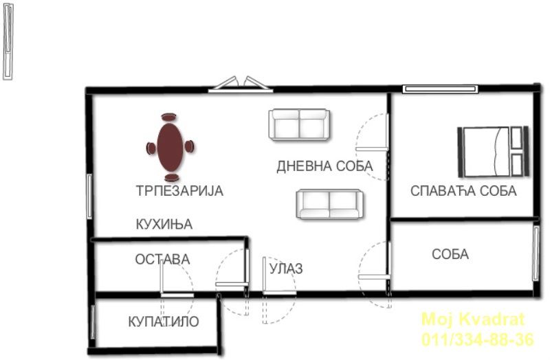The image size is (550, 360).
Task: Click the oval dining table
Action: pos(170,147)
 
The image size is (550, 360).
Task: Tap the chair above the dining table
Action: pos(168,117)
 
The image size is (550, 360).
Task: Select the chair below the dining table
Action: pos(171,177)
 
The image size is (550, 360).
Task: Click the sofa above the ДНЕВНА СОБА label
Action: pos(299,124)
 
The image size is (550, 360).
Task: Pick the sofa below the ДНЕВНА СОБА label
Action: pos(329,204)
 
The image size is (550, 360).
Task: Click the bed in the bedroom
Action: pos(493,151)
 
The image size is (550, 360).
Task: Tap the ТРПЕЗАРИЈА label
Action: pos(179,191)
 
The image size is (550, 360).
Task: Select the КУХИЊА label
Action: pos(164,224)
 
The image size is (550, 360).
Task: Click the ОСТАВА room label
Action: pos(162,260)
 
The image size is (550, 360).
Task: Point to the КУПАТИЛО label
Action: pos(164,322)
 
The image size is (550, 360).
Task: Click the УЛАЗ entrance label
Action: pos(286,269)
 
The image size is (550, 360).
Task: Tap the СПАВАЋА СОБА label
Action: pos(463,191)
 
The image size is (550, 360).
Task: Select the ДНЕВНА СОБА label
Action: pos(324,166)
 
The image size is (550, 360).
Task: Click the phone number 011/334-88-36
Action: pos(478,339)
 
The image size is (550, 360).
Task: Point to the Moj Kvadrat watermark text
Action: pos(473,319)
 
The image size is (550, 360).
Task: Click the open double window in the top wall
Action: pos(241,85)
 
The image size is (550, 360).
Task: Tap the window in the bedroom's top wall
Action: pos(441,89)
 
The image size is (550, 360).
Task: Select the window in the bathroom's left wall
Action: pos(93,322)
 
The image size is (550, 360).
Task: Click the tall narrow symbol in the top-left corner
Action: pos(8,42)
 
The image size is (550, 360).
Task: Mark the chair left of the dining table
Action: pos(151,148)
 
